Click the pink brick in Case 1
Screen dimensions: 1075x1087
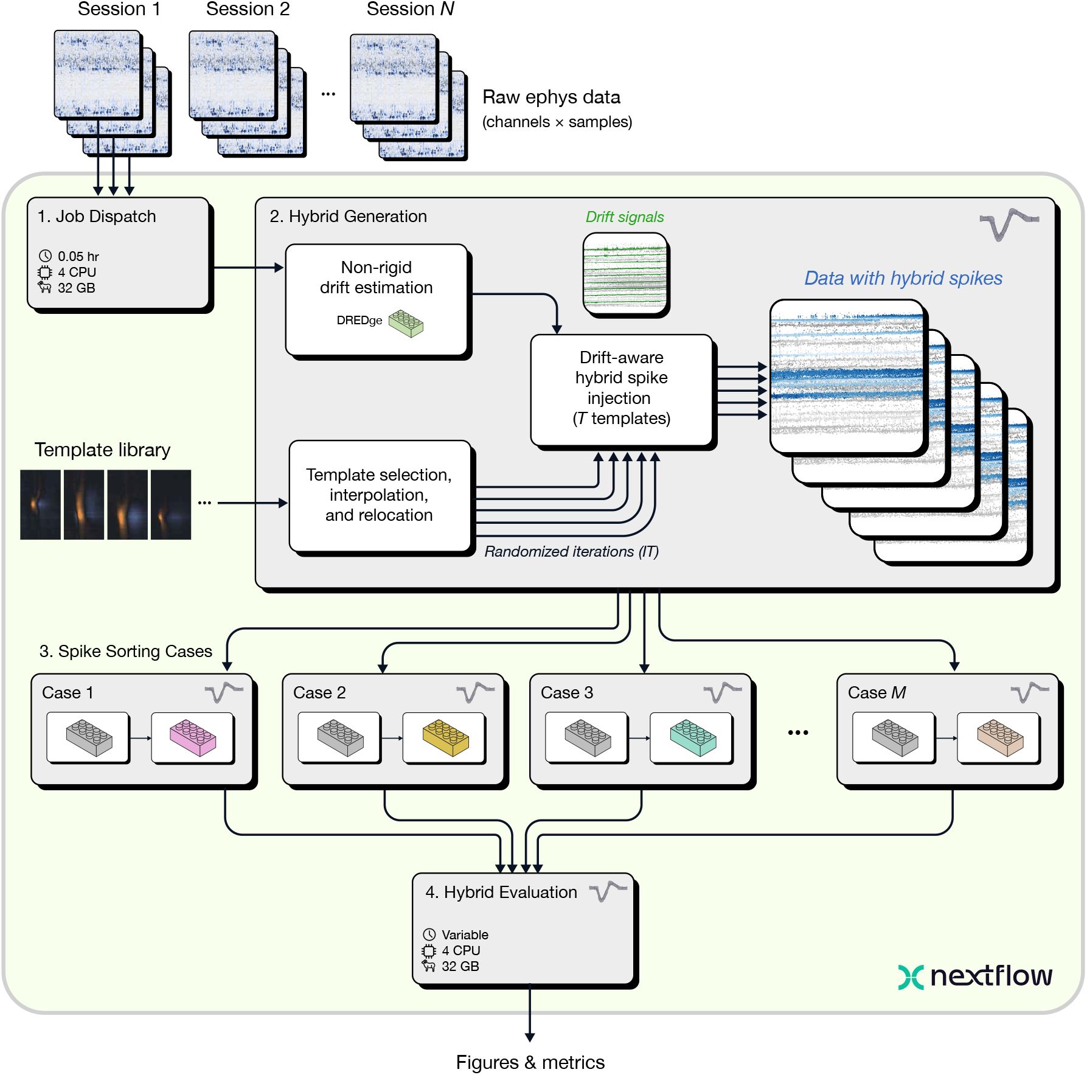(193, 737)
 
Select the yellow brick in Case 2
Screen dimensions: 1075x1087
(445, 737)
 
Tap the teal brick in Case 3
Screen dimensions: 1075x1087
(692, 737)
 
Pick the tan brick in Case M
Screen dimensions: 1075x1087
(999, 737)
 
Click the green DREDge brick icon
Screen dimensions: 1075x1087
(406, 323)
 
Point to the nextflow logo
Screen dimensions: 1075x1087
(975, 976)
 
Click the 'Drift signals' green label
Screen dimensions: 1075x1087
(625, 217)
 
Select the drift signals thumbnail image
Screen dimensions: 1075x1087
(625, 273)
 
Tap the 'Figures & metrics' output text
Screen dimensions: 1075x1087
(530, 1062)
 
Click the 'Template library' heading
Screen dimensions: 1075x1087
(102, 450)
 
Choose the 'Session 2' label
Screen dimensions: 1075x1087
(248, 9)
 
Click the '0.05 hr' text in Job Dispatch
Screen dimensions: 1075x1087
(78, 256)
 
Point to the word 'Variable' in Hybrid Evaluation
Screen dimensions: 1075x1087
(465, 934)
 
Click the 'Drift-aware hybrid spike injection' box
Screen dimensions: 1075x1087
(621, 389)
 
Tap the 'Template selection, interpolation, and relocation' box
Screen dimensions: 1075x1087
(379, 495)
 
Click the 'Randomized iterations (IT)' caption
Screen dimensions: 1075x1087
(571, 551)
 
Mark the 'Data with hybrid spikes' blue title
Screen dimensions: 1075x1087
(903, 278)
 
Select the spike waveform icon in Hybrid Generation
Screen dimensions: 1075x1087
(1009, 224)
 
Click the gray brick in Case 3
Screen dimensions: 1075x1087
(587, 737)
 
